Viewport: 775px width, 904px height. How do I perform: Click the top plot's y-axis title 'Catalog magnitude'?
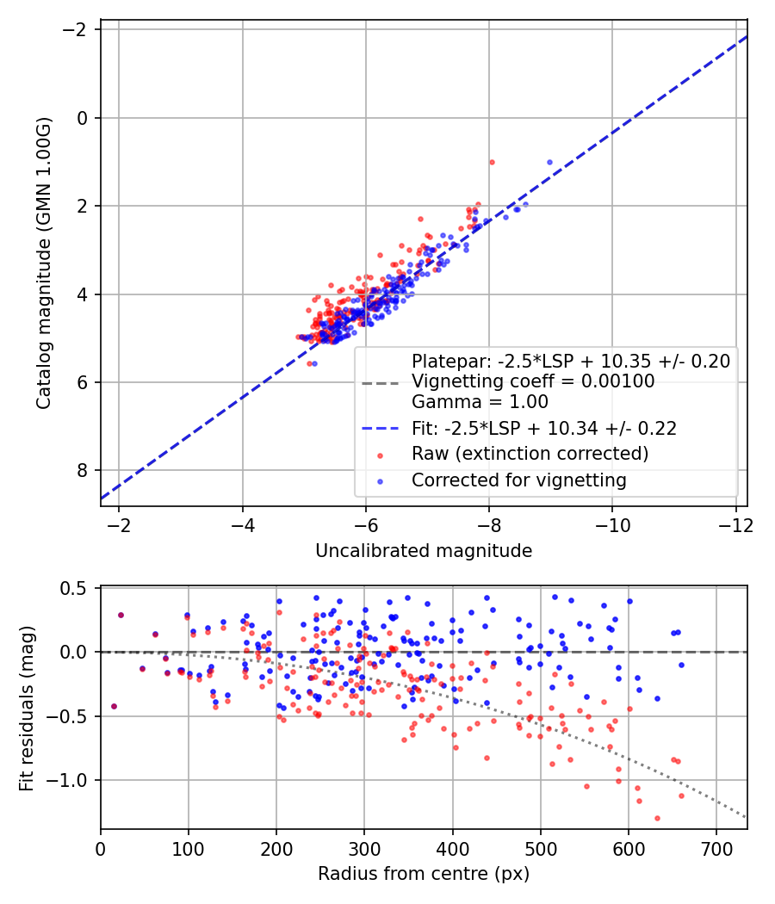(x=44, y=263)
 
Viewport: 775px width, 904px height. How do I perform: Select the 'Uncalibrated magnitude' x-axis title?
(x=424, y=551)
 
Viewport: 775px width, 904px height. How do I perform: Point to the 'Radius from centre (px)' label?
(x=424, y=874)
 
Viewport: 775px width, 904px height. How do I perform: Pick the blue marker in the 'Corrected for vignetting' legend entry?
(x=381, y=480)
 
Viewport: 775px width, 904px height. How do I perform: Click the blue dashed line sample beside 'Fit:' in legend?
(x=381, y=428)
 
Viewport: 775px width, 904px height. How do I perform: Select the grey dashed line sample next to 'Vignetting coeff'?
(x=381, y=381)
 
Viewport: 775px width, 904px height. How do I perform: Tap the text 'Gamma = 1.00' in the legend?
(x=480, y=401)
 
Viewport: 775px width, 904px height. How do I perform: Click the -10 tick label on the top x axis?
(x=612, y=524)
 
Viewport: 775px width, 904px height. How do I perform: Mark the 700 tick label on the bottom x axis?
(x=716, y=848)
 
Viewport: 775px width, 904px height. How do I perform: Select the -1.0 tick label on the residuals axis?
(x=72, y=780)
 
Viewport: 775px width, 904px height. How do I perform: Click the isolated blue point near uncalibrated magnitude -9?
(x=549, y=162)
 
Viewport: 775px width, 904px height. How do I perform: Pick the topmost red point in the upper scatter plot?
(x=492, y=162)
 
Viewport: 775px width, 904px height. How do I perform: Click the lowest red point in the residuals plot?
(x=657, y=818)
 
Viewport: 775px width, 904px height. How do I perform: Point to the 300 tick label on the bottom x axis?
(x=364, y=848)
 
